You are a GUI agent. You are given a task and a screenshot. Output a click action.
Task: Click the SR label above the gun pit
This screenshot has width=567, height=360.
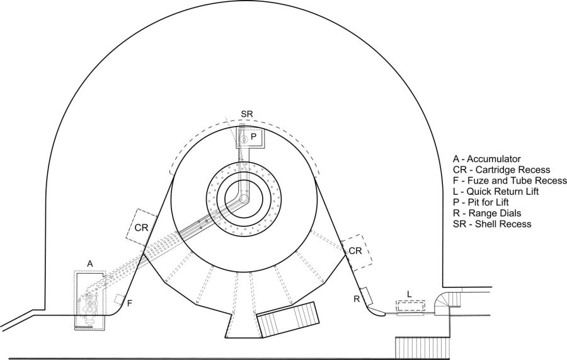pos(246,113)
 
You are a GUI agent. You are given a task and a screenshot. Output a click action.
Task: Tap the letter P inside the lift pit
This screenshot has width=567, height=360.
pos(254,137)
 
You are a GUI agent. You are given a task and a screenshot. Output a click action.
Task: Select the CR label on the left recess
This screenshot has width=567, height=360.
pos(141,228)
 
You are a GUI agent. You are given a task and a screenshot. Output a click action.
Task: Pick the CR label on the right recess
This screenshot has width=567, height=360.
pos(355,250)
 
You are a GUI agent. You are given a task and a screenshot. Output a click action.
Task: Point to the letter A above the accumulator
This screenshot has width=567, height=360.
pos(90,264)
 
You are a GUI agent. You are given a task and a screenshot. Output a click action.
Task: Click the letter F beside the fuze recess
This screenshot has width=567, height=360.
pos(129,303)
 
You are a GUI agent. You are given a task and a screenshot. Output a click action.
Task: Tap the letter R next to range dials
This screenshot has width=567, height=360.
pos(357,298)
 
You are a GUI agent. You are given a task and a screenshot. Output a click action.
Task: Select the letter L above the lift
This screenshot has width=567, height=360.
pos(409,294)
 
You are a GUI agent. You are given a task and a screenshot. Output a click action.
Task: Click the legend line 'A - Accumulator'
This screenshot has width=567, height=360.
pos(487,159)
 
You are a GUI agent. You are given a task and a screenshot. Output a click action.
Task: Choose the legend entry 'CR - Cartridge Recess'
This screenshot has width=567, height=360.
pos(501,170)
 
